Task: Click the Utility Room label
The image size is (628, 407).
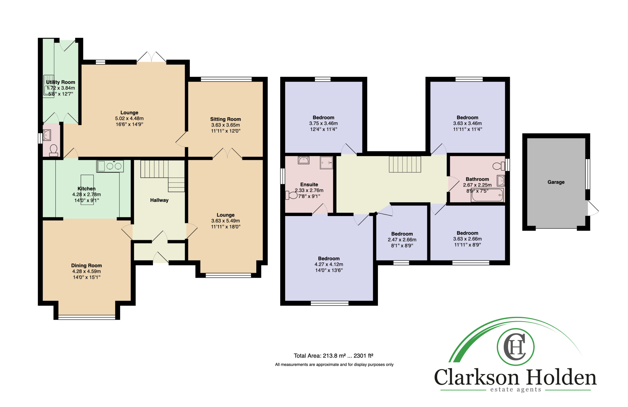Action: click(61, 82)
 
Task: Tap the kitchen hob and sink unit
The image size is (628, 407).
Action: click(110, 166)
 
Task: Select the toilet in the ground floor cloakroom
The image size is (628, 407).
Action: click(53, 150)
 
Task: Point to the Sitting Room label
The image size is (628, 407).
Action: click(225, 119)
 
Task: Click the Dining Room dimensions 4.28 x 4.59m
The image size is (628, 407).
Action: click(87, 271)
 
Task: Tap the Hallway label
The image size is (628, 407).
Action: click(159, 200)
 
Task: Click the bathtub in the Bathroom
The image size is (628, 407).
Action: click(487, 195)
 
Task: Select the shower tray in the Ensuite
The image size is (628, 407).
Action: click(327, 163)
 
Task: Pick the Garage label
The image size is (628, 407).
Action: click(556, 182)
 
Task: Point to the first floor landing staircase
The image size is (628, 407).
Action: click(405, 164)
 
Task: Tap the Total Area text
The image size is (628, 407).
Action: click(334, 356)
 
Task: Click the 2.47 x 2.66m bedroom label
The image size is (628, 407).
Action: click(402, 240)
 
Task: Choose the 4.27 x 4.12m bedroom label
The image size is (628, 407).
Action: click(329, 264)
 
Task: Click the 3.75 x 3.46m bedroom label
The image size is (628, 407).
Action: click(324, 123)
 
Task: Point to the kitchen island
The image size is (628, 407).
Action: click(87, 190)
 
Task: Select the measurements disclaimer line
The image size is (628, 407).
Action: click(334, 365)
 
